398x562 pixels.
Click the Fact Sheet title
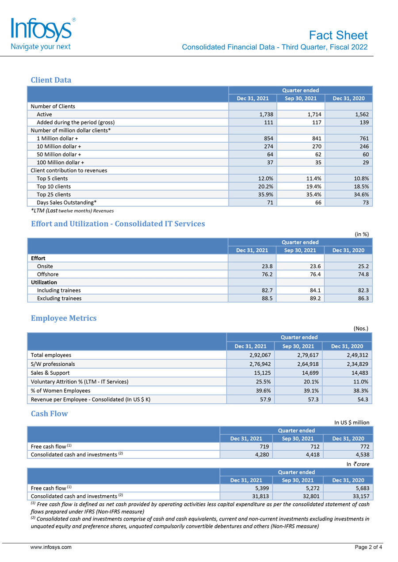(x=338, y=35)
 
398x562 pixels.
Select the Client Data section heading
(x=51, y=80)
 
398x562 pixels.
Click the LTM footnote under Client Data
(x=72, y=211)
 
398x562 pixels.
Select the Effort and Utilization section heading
(x=118, y=224)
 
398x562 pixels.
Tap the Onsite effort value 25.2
(x=363, y=266)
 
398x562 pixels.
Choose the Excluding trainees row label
(x=59, y=298)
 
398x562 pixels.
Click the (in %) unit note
(x=362, y=234)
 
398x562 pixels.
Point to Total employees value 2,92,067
(x=257, y=355)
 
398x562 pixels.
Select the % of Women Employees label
(x=60, y=390)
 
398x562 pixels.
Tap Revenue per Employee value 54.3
(x=362, y=399)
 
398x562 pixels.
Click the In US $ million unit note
(x=352, y=422)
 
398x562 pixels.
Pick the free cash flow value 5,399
(x=259, y=488)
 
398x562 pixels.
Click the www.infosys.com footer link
(x=51, y=547)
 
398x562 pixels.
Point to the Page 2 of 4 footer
(x=368, y=547)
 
